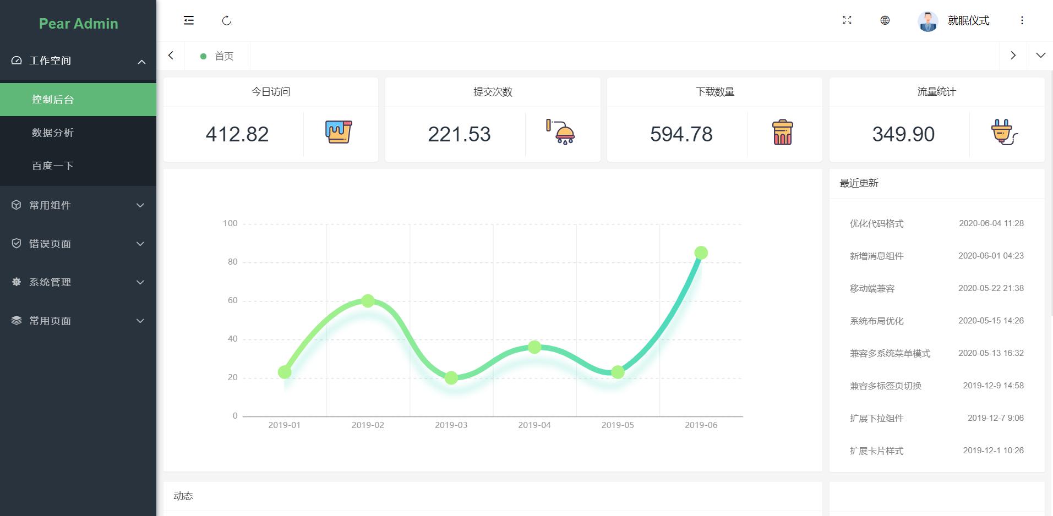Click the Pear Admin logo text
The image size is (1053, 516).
coord(78,24)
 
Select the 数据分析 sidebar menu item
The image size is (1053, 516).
coord(53,133)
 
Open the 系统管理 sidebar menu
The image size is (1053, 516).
coord(50,282)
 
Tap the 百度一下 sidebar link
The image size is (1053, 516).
coord(53,166)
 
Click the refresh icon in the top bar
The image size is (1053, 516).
coord(227,21)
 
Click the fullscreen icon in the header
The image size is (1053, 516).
coord(847,20)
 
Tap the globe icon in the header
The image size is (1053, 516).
coord(885,20)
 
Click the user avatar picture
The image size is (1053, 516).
coord(927,21)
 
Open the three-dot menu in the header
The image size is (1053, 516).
coord(1022,20)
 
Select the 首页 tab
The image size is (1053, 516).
coord(223,56)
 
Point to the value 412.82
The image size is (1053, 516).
coord(237,134)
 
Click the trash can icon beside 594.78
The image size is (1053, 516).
coord(782,133)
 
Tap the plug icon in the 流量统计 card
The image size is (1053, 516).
coord(1004,133)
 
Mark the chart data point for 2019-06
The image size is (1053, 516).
coord(701,253)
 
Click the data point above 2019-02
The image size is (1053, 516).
coord(368,301)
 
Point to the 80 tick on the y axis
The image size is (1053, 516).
coord(233,262)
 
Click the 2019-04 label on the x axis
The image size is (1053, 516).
coord(534,425)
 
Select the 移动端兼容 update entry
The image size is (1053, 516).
coord(872,288)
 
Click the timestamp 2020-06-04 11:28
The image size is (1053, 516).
coord(991,223)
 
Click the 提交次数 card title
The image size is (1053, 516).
coord(493,92)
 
